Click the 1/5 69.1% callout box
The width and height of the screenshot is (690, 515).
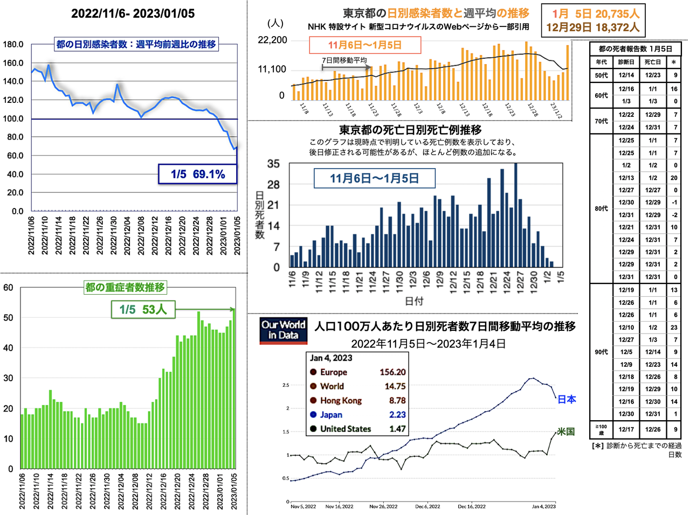point(197,174)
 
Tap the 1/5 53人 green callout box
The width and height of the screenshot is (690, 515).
point(143,309)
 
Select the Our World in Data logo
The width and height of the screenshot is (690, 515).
point(284,330)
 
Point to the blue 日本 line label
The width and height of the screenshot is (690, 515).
point(567,399)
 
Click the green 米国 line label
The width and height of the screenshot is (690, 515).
point(565,432)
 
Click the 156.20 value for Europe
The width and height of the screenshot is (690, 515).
point(392,372)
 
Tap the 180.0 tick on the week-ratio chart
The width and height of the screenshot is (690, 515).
point(13,44)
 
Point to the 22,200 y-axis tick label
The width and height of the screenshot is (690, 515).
point(272,40)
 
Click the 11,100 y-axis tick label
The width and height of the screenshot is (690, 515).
point(272,69)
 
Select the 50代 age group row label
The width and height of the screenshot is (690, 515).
point(602,75)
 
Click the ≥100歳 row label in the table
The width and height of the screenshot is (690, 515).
point(601,429)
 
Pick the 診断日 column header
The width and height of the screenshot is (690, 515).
point(626,62)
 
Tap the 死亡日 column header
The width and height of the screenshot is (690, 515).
point(652,62)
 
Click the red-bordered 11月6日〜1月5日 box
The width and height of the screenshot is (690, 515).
point(365,45)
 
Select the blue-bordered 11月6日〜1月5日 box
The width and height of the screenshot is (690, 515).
point(374,178)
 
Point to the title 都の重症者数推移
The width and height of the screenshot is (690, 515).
point(125,287)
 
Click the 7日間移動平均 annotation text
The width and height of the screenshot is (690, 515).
point(344,60)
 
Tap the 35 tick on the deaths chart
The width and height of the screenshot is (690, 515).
point(273,164)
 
